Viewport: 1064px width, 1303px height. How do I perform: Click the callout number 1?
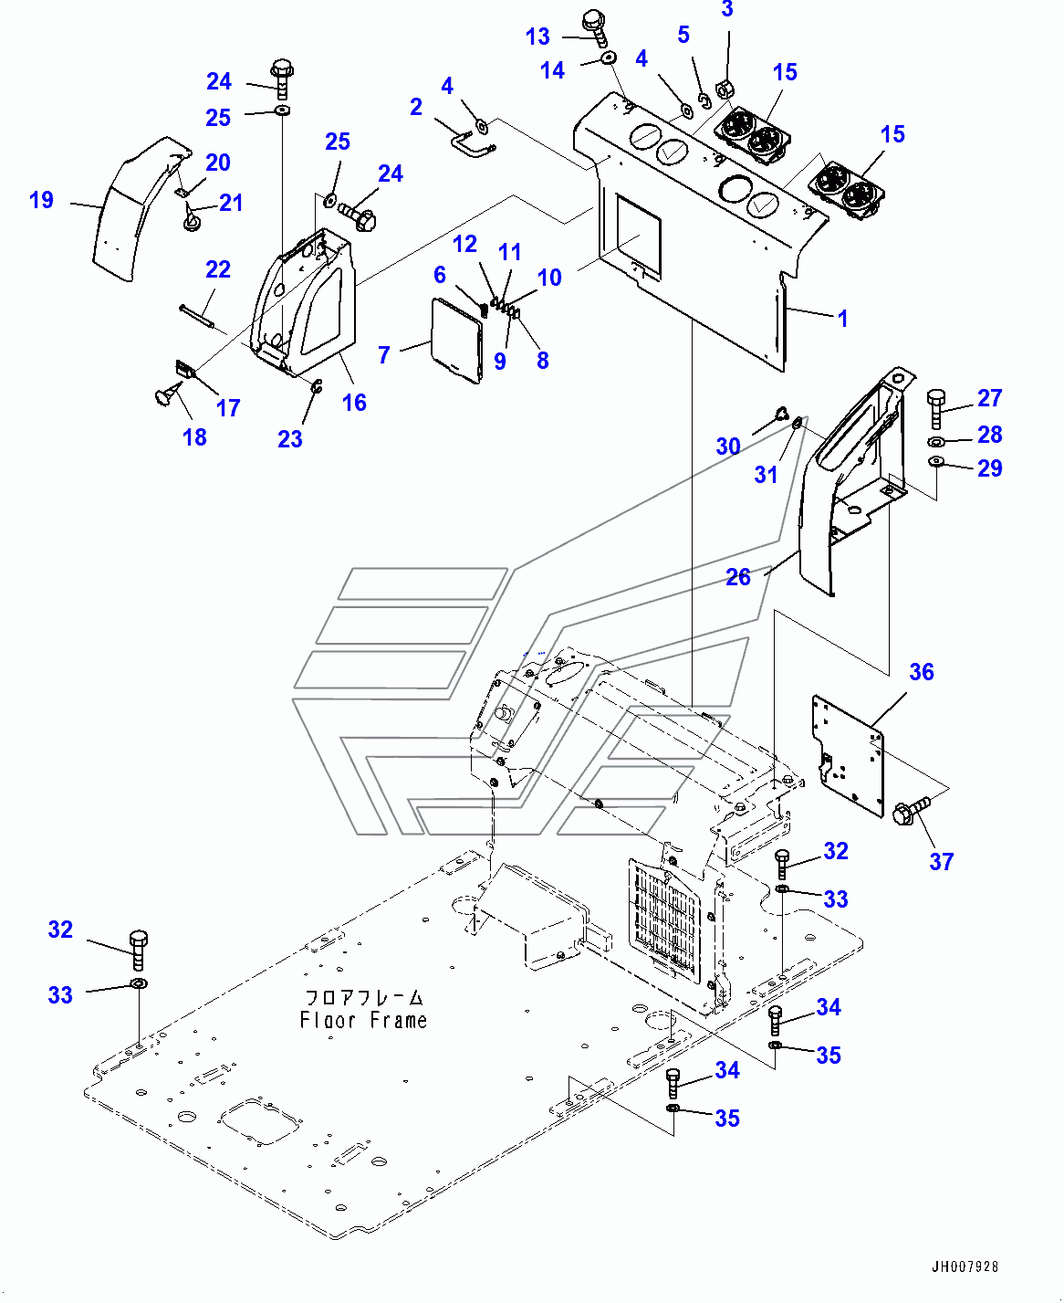pos(842,319)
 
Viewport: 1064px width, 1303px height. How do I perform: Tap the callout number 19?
pos(42,200)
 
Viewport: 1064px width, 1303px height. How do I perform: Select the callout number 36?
pos(922,672)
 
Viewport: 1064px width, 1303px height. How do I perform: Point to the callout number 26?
pos(738,577)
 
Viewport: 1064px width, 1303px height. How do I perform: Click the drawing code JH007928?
pos(965,1266)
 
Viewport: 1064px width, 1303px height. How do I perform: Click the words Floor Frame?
pos(363,1020)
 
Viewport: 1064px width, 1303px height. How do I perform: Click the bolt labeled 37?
pos(910,811)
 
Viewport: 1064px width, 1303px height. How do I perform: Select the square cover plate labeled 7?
pos(456,338)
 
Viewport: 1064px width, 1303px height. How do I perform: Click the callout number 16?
pos(354,403)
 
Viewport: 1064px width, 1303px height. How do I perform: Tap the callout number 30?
pos(727,447)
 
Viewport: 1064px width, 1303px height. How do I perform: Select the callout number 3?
pos(726,10)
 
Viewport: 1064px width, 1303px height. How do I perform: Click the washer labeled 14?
pos(608,59)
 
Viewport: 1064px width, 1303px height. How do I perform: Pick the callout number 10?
pos(549,278)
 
